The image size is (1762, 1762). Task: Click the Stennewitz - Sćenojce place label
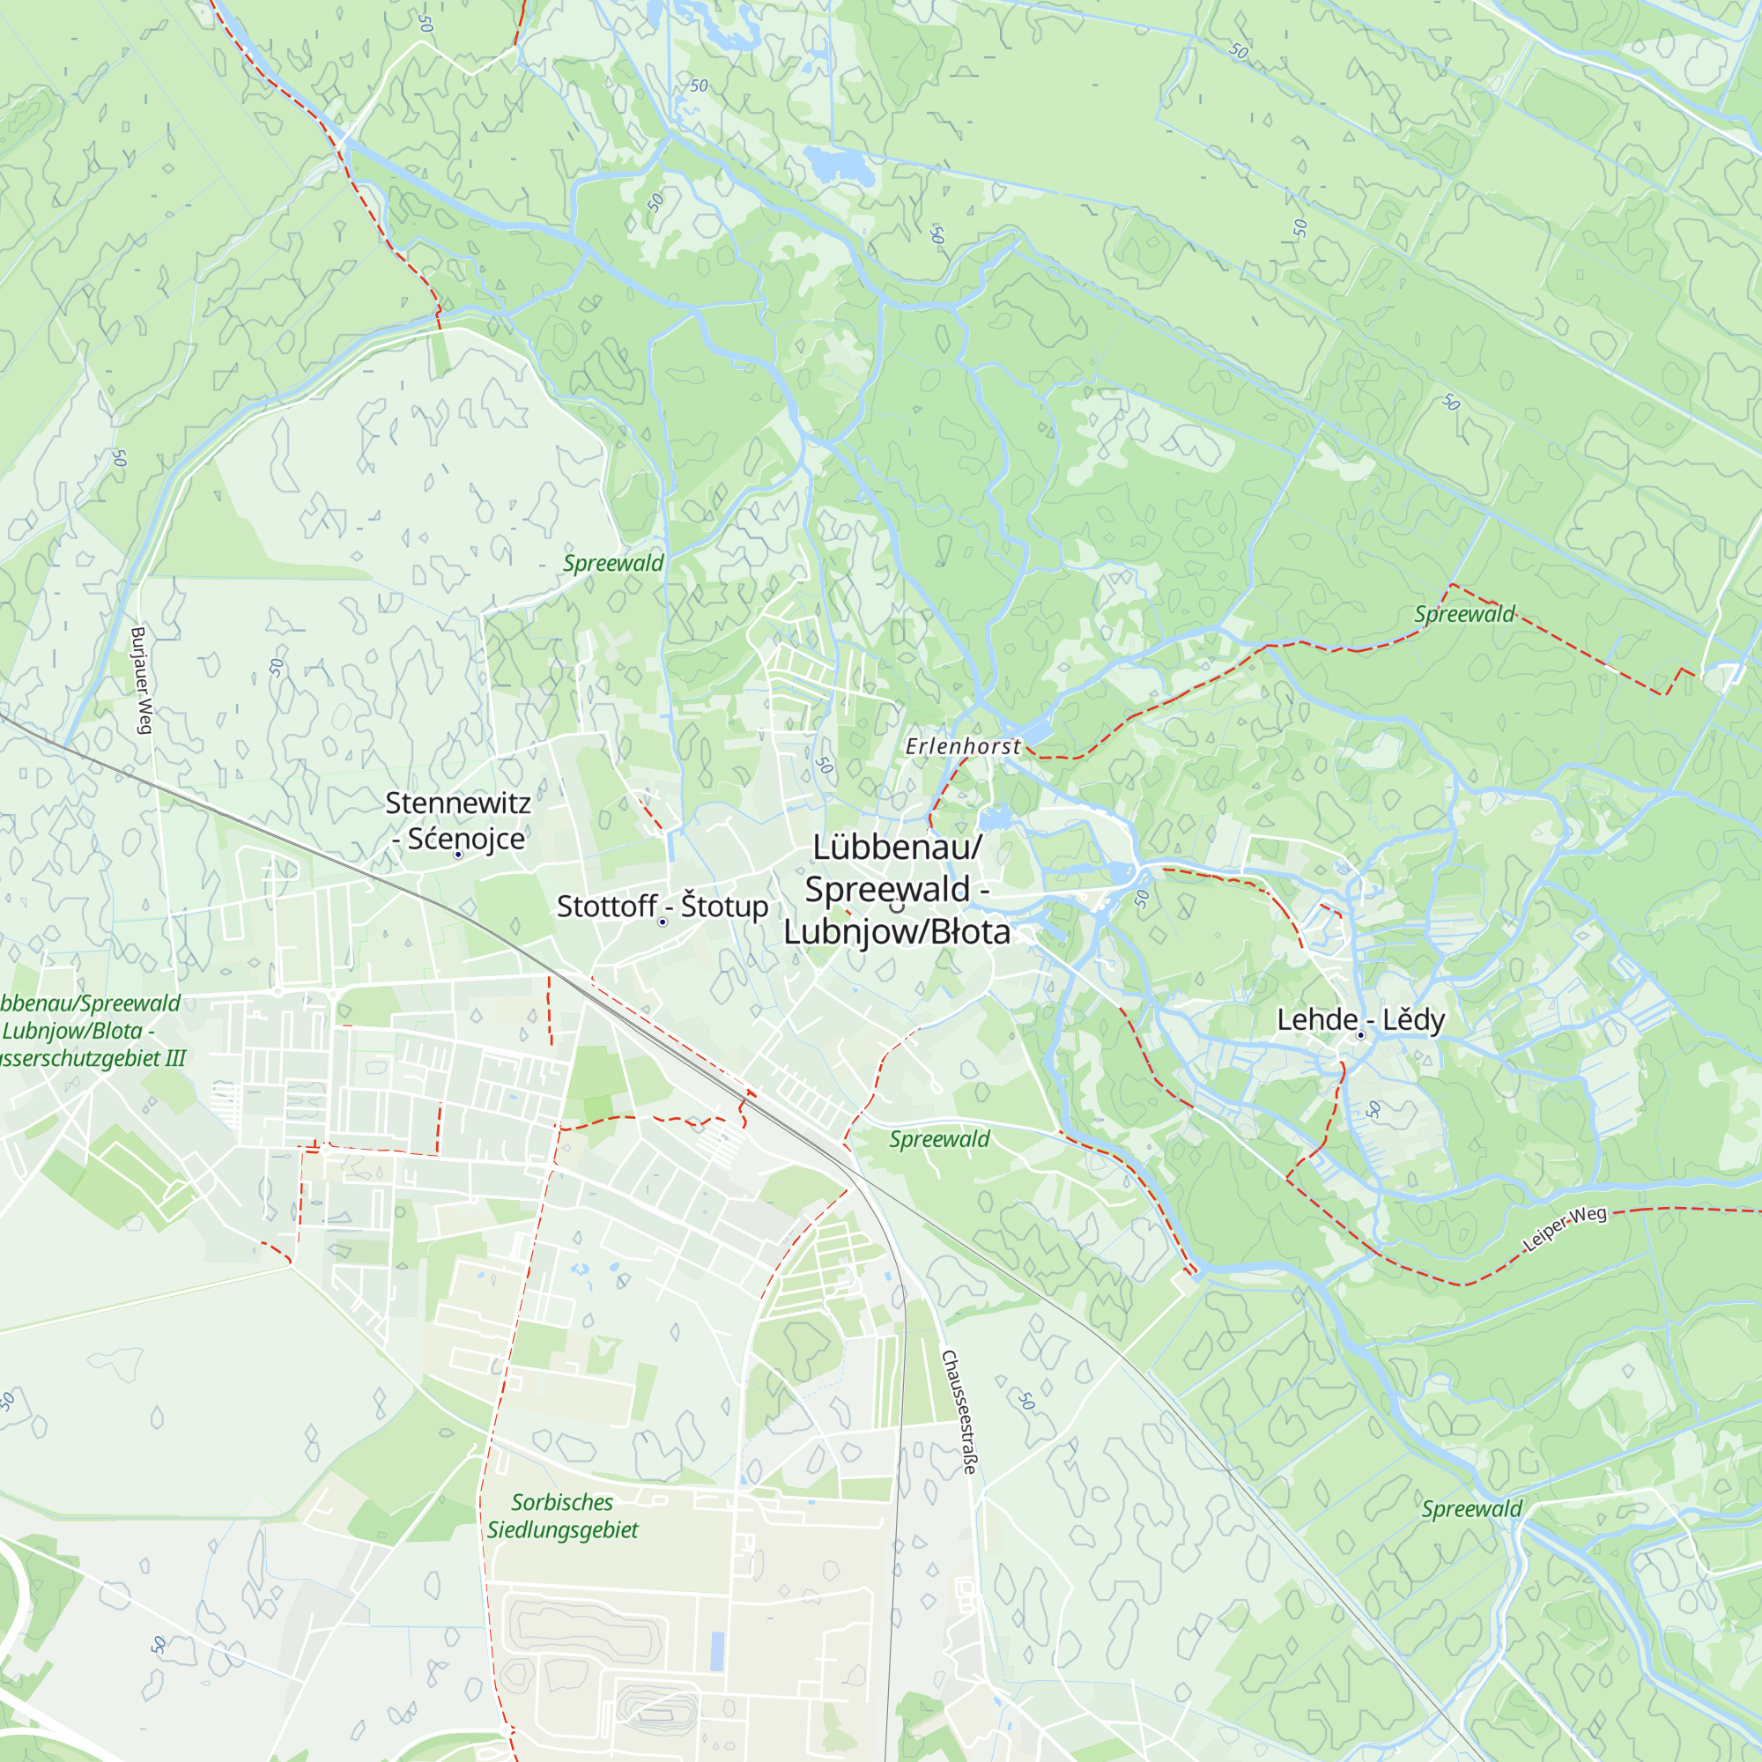pos(457,820)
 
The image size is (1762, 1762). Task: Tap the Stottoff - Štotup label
pos(663,907)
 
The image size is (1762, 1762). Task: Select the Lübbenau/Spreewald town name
pos(897,889)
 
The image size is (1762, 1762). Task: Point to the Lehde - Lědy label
pos(1359,1019)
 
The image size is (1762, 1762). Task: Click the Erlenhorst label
pos(963,746)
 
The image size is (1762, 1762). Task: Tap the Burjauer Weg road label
pos(140,679)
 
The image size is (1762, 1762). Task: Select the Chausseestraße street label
pos(959,1413)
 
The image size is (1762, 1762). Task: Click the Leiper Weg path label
pos(1564,1227)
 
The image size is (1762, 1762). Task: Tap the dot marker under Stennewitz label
pos(458,855)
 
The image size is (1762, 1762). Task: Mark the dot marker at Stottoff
pos(663,922)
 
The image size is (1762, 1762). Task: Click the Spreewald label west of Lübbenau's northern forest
pos(613,564)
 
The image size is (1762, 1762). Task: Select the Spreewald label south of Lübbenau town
pos(938,1139)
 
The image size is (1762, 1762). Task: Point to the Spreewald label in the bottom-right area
pos(1471,1508)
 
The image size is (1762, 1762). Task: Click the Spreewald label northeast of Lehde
pos(1463,615)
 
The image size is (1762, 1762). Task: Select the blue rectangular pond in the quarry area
pos(717,1652)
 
